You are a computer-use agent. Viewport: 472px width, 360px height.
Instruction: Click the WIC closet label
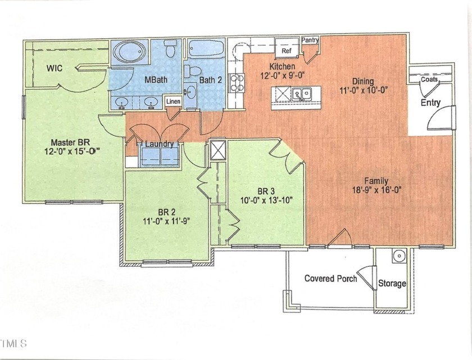point(55,68)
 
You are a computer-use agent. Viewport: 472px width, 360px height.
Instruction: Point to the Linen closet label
point(173,102)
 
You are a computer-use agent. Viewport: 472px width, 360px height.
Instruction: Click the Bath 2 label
point(211,80)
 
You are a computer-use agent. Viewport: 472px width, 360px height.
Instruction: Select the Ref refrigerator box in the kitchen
point(287,50)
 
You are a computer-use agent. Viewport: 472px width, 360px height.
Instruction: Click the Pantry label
point(310,40)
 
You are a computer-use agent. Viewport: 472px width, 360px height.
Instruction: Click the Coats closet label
point(429,80)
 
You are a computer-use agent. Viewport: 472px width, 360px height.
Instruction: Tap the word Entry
point(430,103)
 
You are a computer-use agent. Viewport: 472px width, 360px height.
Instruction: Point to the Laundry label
point(160,144)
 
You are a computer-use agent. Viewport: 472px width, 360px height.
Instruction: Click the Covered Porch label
point(330,279)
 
